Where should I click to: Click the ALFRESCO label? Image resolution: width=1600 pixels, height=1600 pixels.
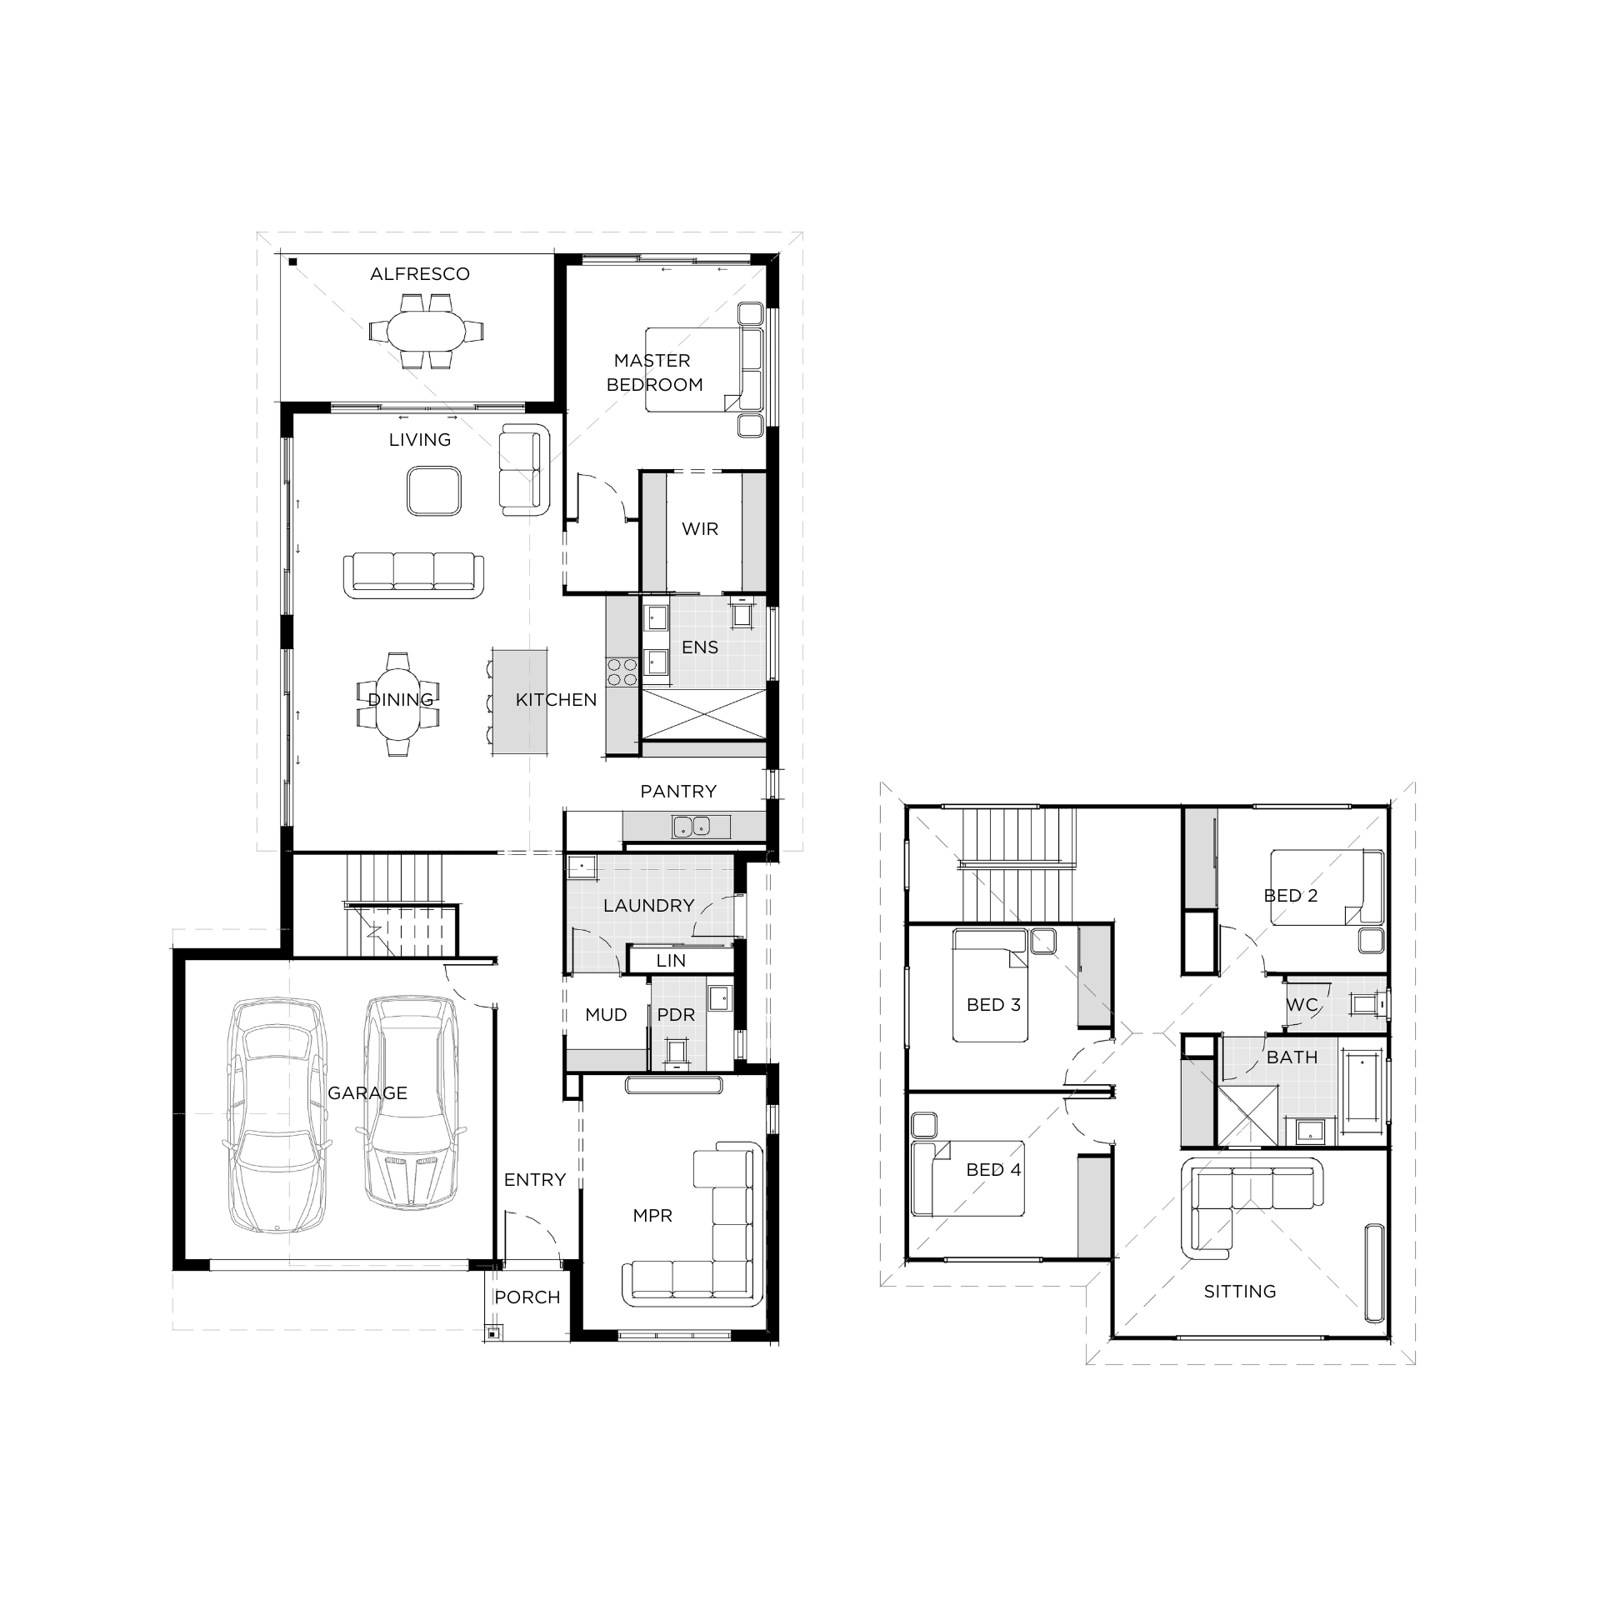point(420,274)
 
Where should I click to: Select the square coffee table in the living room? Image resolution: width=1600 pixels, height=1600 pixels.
point(434,491)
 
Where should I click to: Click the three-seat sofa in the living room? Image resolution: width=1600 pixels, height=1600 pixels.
point(413,574)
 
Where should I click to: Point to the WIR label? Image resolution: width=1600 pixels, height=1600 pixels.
point(700,529)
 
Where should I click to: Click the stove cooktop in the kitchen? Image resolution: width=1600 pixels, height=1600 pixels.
point(622,672)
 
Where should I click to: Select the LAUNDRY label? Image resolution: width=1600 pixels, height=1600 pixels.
point(649,906)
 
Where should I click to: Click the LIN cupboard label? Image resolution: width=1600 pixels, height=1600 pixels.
point(671,961)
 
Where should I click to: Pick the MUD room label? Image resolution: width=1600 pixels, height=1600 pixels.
point(606,1015)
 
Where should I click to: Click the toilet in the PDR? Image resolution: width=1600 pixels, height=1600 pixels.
point(676,1052)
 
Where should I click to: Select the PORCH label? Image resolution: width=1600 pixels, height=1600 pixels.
point(527,1297)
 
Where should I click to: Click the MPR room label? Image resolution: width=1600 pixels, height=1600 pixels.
point(652,1216)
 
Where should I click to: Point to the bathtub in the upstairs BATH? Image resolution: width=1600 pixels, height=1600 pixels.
point(1362,1087)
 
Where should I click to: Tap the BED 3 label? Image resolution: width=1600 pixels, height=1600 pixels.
point(993,1005)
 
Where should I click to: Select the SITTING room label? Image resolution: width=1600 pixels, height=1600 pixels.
point(1240,1292)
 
